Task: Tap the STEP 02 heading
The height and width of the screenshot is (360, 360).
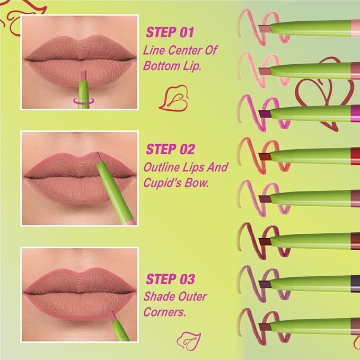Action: pyautogui.click(x=171, y=148)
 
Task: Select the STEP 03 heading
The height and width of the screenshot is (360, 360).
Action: pyautogui.click(x=171, y=279)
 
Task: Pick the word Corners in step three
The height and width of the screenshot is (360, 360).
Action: pyautogui.click(x=164, y=312)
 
